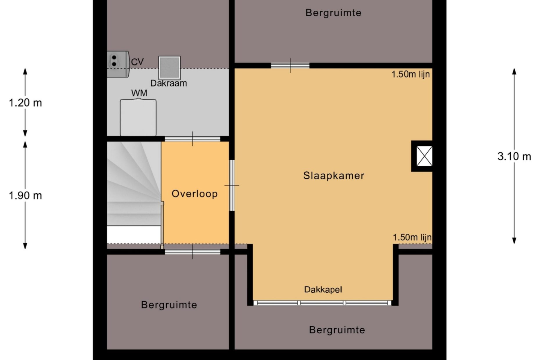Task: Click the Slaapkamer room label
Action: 334,176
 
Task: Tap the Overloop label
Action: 195,194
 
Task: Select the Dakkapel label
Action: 323,289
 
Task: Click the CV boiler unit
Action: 118,64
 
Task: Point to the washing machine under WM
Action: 138,117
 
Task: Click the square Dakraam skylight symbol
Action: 170,68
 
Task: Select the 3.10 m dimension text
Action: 514,156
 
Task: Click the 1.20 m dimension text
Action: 26,103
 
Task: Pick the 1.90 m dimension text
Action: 26,196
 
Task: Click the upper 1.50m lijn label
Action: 411,74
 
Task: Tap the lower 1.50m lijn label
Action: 412,237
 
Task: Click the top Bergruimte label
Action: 333,13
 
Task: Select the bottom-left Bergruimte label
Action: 169,305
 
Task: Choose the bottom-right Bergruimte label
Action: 337,330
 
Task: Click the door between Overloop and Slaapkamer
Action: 232,185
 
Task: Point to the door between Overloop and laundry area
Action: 192,139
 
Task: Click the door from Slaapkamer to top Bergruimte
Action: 290,66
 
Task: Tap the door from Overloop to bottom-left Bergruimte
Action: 192,252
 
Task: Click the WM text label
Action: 139,93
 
